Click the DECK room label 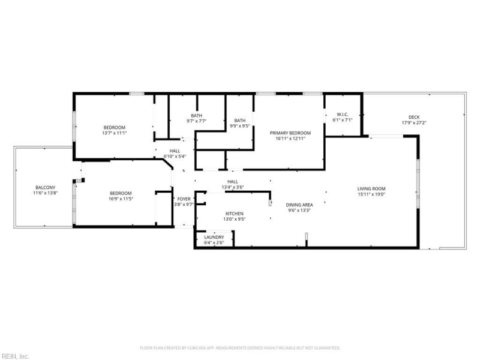point(414,117)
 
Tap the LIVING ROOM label point(371,188)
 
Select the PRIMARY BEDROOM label point(290,133)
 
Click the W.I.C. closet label point(343,115)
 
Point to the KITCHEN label point(234,214)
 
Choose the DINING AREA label point(299,205)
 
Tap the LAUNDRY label point(214,237)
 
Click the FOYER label point(184,199)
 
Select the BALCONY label point(45,187)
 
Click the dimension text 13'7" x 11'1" point(114,133)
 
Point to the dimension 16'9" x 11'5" point(121,199)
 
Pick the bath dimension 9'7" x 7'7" point(197,121)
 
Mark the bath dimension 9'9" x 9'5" point(240,126)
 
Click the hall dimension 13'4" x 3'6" point(233,187)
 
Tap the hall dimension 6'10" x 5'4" point(175,157)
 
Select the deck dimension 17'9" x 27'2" point(414,123)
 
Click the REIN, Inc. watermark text point(14,356)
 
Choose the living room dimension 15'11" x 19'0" point(371,194)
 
